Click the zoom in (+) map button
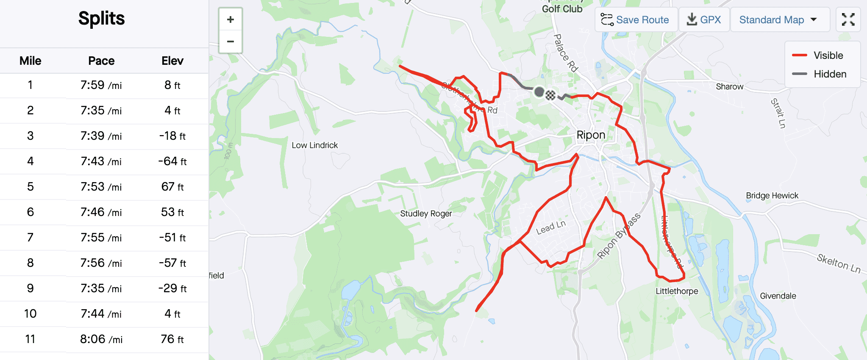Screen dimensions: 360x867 click(x=231, y=19)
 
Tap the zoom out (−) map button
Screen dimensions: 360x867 click(x=231, y=42)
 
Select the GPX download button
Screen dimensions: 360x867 click(x=704, y=20)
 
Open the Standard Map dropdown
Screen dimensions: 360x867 click(x=778, y=20)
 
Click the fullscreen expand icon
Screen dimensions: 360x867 click(x=848, y=19)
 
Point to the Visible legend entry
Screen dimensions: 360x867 click(x=828, y=55)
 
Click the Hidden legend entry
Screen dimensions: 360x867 click(x=830, y=74)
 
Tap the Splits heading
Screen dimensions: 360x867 click(x=102, y=19)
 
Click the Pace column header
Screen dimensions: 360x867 click(x=101, y=61)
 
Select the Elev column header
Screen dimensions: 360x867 click(x=172, y=61)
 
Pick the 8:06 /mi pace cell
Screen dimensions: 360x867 click(x=101, y=339)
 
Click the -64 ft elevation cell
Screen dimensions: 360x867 click(x=172, y=161)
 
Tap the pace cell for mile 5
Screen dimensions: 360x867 click(x=101, y=187)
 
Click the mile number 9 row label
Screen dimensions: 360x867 click(x=31, y=288)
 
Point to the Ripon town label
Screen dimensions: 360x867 click(x=591, y=135)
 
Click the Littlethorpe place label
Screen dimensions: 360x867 click(x=677, y=291)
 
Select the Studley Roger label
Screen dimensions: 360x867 click(x=426, y=213)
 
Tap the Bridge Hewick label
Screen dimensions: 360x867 click(x=772, y=196)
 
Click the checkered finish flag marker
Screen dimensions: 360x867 click(x=550, y=95)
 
